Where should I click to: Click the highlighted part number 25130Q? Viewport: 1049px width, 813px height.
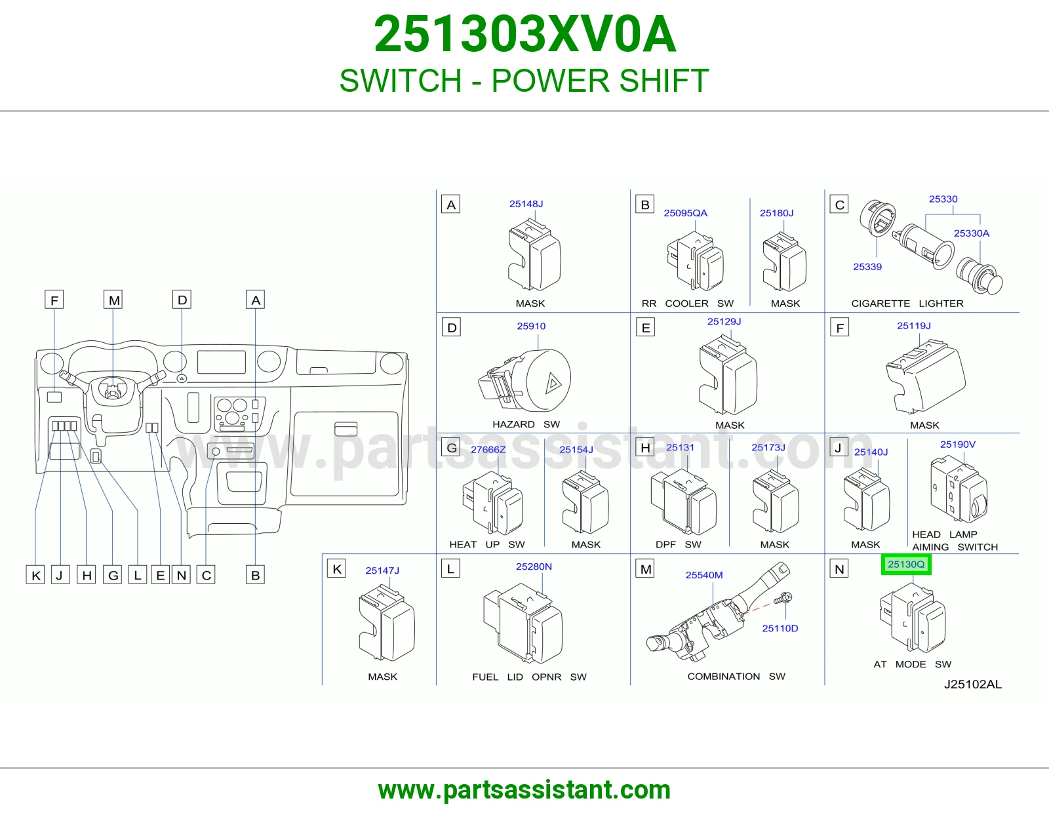tap(906, 565)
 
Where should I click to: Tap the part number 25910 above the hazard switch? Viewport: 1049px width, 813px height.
tap(531, 327)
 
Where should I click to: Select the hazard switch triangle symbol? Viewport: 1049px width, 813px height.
tap(553, 384)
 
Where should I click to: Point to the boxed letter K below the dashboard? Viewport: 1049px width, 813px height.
tap(35, 575)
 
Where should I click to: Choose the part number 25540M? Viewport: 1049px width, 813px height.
tap(704, 575)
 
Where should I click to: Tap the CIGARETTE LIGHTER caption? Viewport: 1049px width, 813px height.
tap(907, 304)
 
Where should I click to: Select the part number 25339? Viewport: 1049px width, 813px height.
tap(867, 267)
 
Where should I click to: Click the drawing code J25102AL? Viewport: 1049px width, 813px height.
tap(973, 684)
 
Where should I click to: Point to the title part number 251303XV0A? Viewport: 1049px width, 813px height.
tap(524, 34)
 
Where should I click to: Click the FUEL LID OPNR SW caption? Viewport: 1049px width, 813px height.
tap(529, 677)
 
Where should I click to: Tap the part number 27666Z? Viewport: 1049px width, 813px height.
tap(488, 450)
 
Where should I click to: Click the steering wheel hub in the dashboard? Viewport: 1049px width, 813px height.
tap(113, 390)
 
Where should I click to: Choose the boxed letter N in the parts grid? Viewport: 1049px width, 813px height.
tap(839, 569)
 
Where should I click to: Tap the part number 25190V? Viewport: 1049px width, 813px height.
tap(957, 445)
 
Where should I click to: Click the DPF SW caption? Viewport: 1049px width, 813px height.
tap(678, 545)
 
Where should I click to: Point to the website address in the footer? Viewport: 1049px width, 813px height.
tap(524, 790)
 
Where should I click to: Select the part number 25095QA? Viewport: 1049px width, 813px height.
tap(685, 213)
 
